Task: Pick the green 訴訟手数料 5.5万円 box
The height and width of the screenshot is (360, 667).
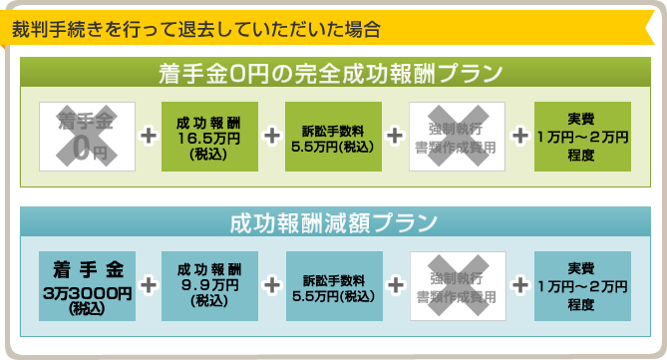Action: pyautogui.click(x=333, y=136)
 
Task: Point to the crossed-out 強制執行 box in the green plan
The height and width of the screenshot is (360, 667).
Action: pyautogui.click(x=457, y=136)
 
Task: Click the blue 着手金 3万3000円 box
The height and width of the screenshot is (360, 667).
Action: pyautogui.click(x=87, y=285)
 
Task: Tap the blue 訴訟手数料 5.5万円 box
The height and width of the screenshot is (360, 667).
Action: pyautogui.click(x=334, y=285)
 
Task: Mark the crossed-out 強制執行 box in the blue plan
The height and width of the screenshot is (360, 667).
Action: pyautogui.click(x=457, y=285)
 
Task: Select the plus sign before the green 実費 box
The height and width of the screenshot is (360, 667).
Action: pyautogui.click(x=519, y=136)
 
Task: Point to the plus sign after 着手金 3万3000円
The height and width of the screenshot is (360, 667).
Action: pyautogui.click(x=149, y=285)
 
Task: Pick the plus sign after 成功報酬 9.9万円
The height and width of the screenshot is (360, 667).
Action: pyautogui.click(x=271, y=285)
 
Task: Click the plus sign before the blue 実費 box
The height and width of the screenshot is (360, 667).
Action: pyautogui.click(x=519, y=285)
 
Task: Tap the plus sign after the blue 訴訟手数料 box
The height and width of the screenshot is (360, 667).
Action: pyautogui.click(x=396, y=285)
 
